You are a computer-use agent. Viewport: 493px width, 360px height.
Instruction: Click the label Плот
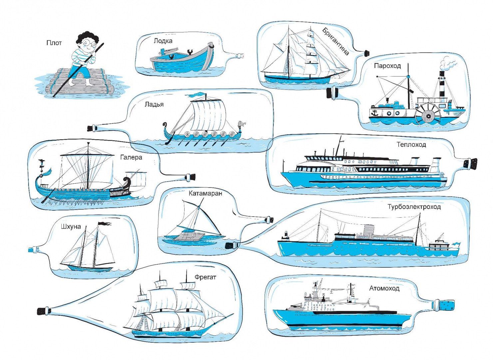(x=54, y=43)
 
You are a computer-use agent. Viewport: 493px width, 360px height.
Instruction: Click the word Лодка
(x=163, y=41)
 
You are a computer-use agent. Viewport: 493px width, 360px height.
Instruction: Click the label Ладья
(x=154, y=104)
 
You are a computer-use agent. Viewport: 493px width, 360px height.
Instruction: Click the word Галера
(x=131, y=157)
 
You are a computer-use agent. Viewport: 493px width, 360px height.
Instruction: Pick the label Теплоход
(x=411, y=145)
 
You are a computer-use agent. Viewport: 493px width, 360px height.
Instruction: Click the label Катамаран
(x=205, y=193)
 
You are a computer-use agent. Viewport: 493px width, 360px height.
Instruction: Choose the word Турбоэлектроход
(x=414, y=207)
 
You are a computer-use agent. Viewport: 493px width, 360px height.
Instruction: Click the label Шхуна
(x=71, y=227)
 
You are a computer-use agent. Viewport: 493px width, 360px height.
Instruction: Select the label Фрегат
(x=206, y=277)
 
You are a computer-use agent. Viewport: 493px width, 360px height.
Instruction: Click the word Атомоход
(x=384, y=288)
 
